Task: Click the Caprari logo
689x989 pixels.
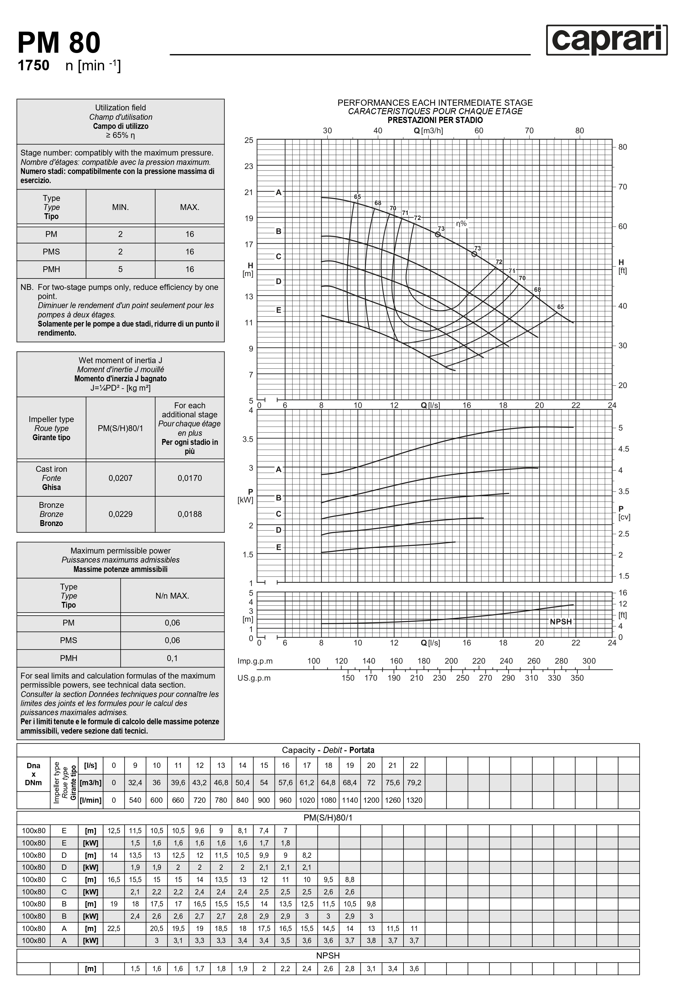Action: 606,40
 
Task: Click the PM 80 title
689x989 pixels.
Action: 59,43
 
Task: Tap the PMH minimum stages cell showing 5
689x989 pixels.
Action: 121,269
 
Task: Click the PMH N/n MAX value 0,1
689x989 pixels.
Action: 172,658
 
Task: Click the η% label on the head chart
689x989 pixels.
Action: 461,223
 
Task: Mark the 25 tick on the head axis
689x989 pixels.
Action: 249,140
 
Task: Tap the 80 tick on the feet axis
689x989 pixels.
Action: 623,147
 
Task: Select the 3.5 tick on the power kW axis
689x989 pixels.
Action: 248,439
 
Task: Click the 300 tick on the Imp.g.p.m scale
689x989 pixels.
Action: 589,661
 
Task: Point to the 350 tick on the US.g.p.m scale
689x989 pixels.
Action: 577,678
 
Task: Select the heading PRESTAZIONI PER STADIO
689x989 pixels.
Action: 435,120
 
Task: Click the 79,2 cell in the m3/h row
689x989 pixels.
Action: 414,783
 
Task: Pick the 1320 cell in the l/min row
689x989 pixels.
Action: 414,800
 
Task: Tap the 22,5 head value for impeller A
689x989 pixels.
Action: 114,928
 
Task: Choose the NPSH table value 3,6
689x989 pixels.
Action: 414,969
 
